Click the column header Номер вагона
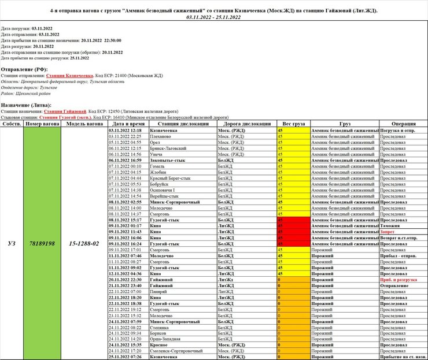point(41,124)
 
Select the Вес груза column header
point(293,124)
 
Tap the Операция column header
point(403,124)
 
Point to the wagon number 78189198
point(41,243)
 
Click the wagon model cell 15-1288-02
point(84,243)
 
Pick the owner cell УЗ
point(11,243)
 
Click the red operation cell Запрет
point(388,232)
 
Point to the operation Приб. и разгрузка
point(401,280)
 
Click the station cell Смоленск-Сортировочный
point(177,351)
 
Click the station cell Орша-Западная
point(165,339)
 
